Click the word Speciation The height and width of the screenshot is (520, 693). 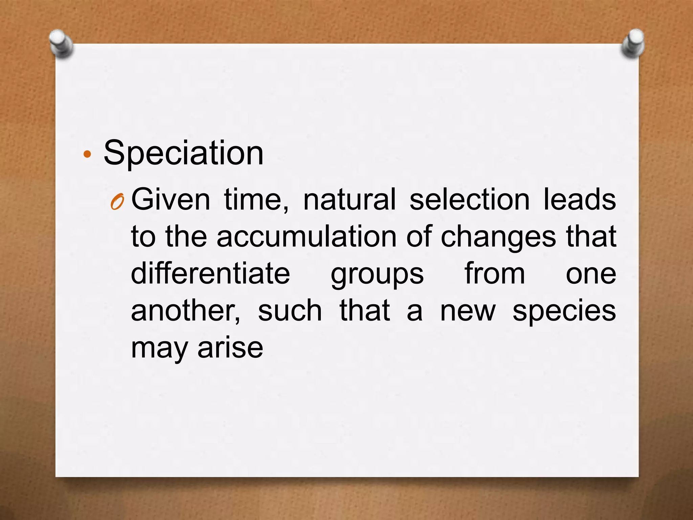click(183, 153)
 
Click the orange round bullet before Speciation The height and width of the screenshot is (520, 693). click(87, 154)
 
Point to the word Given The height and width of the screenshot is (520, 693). click(171, 199)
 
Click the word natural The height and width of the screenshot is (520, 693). click(349, 199)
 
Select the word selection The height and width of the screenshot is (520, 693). click(469, 199)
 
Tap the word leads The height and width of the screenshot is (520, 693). click(580, 199)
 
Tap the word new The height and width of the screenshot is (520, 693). click(468, 311)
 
